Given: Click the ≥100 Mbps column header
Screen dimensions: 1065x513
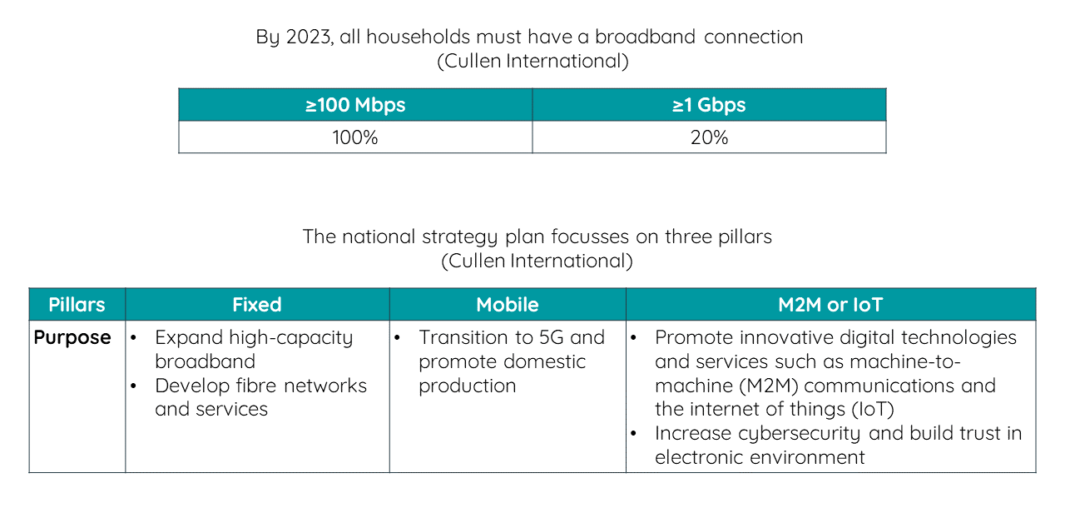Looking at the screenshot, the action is pyautogui.click(x=355, y=105).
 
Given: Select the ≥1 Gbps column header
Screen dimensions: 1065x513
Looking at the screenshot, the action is pyautogui.click(x=709, y=105).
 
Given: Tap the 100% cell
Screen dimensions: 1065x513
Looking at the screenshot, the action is pyautogui.click(x=355, y=137).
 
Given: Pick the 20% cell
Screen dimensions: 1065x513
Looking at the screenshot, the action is pyautogui.click(x=709, y=137).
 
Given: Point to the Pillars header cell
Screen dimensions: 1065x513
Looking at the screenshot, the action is pyautogui.click(x=77, y=305).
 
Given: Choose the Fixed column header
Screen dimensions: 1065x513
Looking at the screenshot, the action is pyautogui.click(x=257, y=305).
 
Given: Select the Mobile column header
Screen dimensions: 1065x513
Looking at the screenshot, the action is pyautogui.click(x=508, y=305).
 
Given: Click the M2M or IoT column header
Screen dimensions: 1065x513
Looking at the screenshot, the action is pyautogui.click(x=830, y=305).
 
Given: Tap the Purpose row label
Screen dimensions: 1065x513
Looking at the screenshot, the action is pyautogui.click(x=72, y=338).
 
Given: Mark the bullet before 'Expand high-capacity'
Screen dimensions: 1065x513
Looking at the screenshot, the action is pyautogui.click(x=134, y=338).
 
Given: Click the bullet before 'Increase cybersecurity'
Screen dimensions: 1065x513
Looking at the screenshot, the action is pyautogui.click(x=633, y=434).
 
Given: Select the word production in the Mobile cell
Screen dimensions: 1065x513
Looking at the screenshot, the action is pyautogui.click(x=468, y=386).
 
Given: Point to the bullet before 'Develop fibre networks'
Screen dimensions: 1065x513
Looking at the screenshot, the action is pyautogui.click(x=134, y=386).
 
